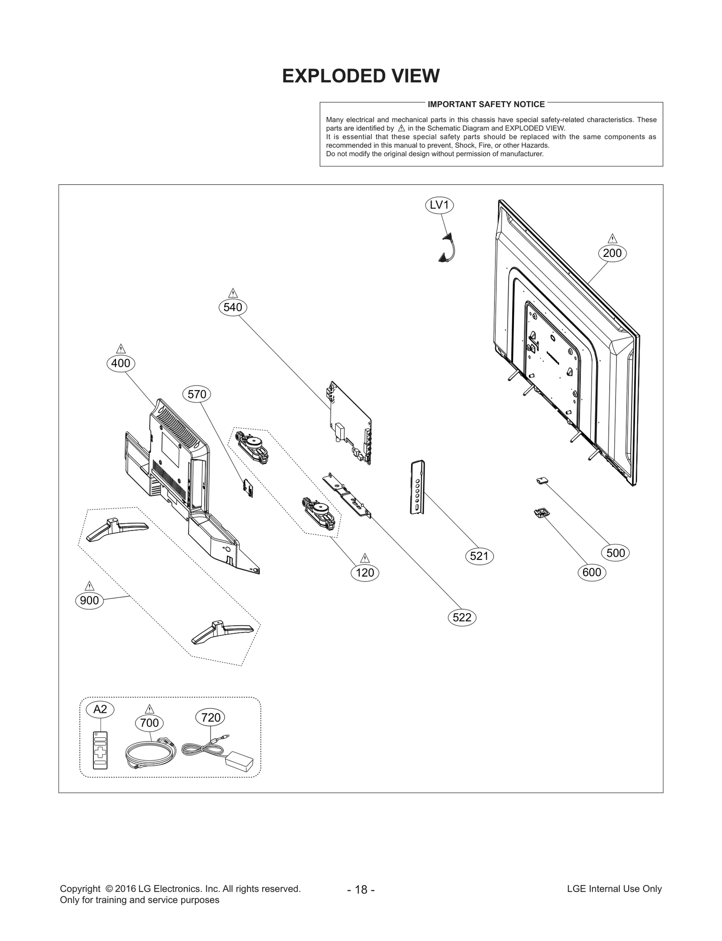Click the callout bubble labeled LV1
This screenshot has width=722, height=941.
point(439,205)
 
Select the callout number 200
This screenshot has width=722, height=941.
point(612,253)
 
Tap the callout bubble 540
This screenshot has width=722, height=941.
point(232,307)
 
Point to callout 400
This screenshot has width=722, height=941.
point(120,363)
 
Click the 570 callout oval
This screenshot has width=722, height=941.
point(197,395)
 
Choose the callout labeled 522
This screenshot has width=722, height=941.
point(462,618)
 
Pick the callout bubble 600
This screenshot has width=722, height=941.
point(592,573)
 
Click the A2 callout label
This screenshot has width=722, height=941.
point(100,709)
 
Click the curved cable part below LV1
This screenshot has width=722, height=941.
point(448,248)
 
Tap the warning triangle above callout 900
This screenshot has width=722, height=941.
point(89,586)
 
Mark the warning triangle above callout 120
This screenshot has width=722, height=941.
point(365,558)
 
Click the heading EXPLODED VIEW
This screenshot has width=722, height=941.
point(361,76)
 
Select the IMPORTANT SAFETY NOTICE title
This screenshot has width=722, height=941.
point(486,104)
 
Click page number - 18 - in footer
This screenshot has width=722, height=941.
point(361,902)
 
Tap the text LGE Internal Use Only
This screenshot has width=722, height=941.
point(614,901)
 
